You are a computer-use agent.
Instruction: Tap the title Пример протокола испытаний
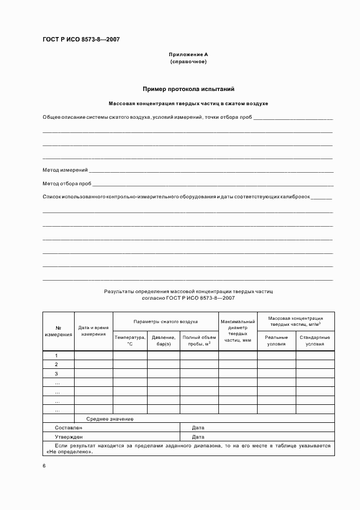188,89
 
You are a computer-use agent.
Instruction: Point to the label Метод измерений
65,170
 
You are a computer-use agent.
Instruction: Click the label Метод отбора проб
67,183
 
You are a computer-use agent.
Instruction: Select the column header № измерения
58,331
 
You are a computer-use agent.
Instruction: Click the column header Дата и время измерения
93,331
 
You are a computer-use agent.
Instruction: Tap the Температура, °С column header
130,341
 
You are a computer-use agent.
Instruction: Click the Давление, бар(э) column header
163,341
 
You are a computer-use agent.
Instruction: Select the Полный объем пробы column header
199,341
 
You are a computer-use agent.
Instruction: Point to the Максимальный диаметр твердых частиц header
237,331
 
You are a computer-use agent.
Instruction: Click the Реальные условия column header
276,341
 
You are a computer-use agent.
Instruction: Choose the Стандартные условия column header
315,341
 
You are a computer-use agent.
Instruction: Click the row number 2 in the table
57,364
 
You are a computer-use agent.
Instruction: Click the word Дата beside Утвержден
198,436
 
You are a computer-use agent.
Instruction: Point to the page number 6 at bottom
44,466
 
